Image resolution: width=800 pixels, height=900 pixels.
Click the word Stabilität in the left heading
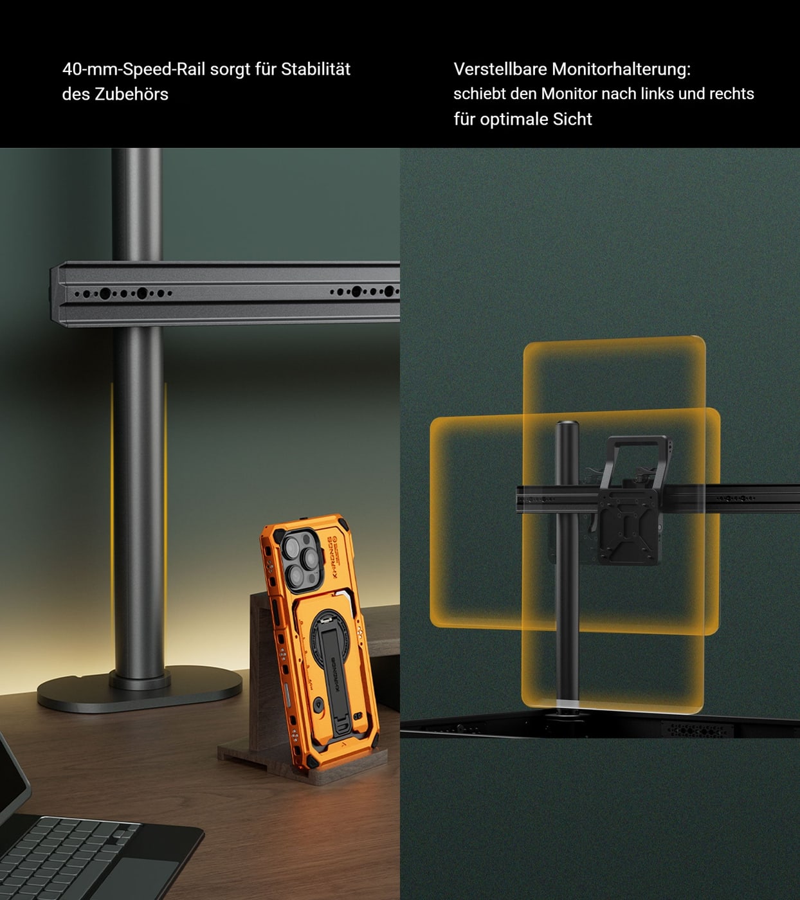click(x=316, y=69)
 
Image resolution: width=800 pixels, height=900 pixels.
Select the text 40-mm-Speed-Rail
click(x=134, y=69)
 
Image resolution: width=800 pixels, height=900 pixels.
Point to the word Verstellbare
click(x=500, y=69)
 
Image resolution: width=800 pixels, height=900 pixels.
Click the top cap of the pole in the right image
click(x=568, y=424)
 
